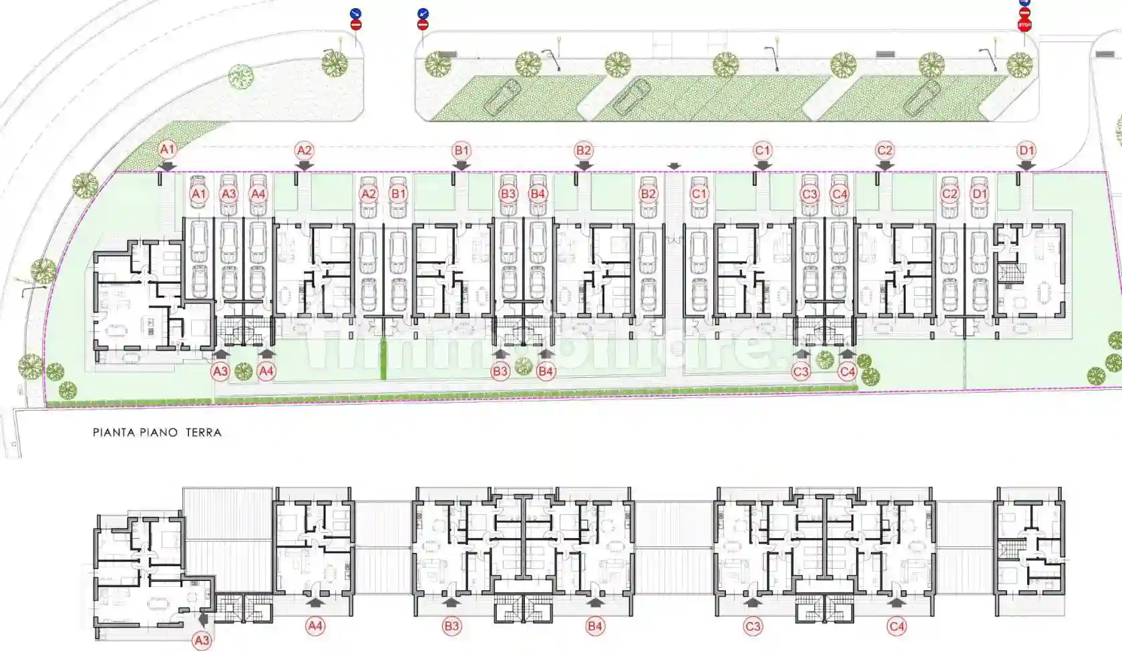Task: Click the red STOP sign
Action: coord(1024,25)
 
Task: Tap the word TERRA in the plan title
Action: coord(203,433)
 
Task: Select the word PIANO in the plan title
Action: coord(159,433)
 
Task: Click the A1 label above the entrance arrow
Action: coord(167,150)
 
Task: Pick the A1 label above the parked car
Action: coord(198,194)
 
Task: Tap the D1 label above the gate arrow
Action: coord(1026,150)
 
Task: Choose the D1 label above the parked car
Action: coord(979,194)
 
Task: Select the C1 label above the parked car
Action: coord(699,194)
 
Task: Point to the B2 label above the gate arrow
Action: coord(583,150)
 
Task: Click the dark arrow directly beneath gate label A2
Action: coord(304,166)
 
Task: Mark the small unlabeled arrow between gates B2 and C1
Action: coord(674,166)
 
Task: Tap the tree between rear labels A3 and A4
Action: coord(243,371)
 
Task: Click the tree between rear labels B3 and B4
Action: coord(524,366)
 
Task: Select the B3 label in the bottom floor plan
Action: coord(451,626)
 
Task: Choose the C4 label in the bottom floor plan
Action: coord(897,626)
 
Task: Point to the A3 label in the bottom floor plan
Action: coord(201,640)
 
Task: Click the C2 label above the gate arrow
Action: coord(884,150)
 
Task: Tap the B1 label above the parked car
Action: coord(398,194)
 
